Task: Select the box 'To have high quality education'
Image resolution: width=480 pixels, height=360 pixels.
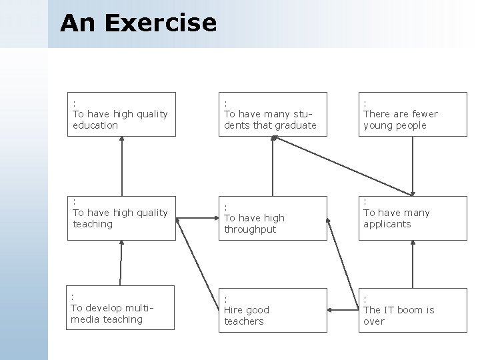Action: click(121, 114)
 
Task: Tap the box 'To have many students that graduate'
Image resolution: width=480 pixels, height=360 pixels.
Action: click(274, 114)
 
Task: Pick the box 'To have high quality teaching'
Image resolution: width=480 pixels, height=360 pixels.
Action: click(121, 218)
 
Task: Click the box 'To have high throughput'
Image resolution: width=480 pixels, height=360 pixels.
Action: click(274, 218)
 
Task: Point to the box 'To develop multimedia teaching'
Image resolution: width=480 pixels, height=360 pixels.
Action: click(121, 309)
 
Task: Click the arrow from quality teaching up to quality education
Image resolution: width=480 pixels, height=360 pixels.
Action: click(123, 167)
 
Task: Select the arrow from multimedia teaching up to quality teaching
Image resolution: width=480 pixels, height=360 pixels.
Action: click(121, 264)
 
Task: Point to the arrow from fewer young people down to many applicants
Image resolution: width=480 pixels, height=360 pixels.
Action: click(413, 167)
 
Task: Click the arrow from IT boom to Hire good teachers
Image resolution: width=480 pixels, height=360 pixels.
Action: click(343, 310)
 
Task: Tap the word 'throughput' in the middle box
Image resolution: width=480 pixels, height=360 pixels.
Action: click(250, 229)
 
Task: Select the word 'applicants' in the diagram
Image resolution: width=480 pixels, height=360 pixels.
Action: click(387, 224)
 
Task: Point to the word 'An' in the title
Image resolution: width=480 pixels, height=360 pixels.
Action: click(73, 23)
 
